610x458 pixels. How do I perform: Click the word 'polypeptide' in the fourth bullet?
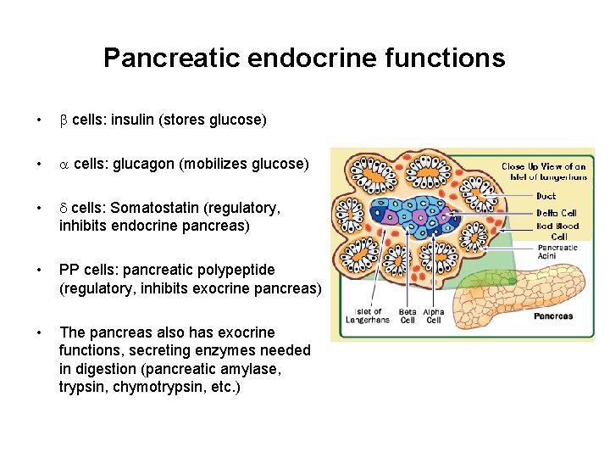click(232, 270)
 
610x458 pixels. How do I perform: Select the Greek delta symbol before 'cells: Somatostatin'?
click(63, 207)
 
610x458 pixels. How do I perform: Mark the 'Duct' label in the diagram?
click(546, 196)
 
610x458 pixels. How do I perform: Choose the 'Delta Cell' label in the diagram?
click(556, 213)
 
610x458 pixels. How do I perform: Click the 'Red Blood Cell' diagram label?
click(557, 232)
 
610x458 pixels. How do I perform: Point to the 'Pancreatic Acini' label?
click(557, 252)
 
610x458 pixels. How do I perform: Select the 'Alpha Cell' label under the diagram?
click(433, 316)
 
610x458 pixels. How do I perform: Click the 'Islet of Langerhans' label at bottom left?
click(368, 316)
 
